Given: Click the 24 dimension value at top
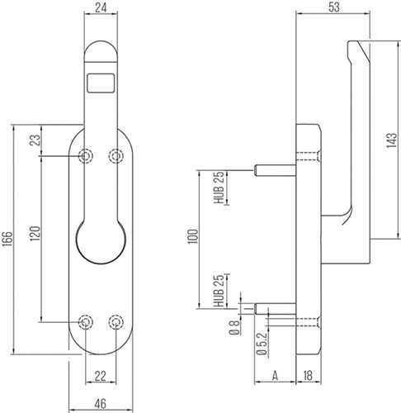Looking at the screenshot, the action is coord(101,8).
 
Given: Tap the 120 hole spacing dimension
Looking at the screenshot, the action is coord(35,234).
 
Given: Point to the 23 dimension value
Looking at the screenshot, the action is coord(35,140).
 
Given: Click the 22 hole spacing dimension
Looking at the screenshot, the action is coord(101,376).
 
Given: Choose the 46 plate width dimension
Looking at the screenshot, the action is coord(101,404).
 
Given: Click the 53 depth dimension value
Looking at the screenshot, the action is coord(334,7).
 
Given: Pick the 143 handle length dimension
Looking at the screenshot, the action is coord(392,140).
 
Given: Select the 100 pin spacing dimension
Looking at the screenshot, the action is coord(192,236).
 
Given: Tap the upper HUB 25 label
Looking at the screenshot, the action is coord(219,188).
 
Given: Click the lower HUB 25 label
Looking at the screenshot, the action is coord(219,291).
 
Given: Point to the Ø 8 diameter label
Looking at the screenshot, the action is coord(234,328).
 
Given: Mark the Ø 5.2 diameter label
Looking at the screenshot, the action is coord(262,344).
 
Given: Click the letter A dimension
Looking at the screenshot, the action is coord(275,376).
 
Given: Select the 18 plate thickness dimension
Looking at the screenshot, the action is coord(308,376).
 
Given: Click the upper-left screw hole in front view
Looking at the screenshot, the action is coord(86,156).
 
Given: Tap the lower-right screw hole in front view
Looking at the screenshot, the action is coord(116,322).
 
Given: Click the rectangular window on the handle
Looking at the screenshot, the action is coord(101,83).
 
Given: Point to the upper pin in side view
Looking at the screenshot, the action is coord(275,170).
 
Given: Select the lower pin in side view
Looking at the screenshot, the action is coord(275,309).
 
